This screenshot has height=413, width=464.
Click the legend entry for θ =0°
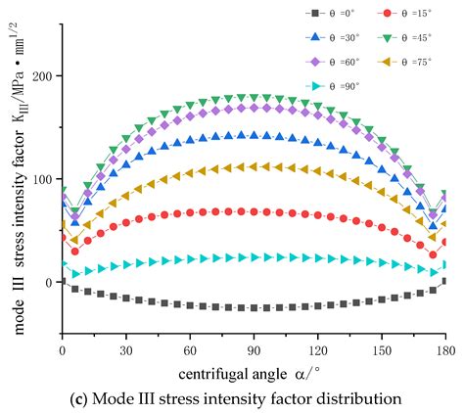[x=331, y=14]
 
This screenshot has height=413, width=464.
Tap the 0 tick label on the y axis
[x=47, y=283]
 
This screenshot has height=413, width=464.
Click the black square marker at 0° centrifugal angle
[x=63, y=281]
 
